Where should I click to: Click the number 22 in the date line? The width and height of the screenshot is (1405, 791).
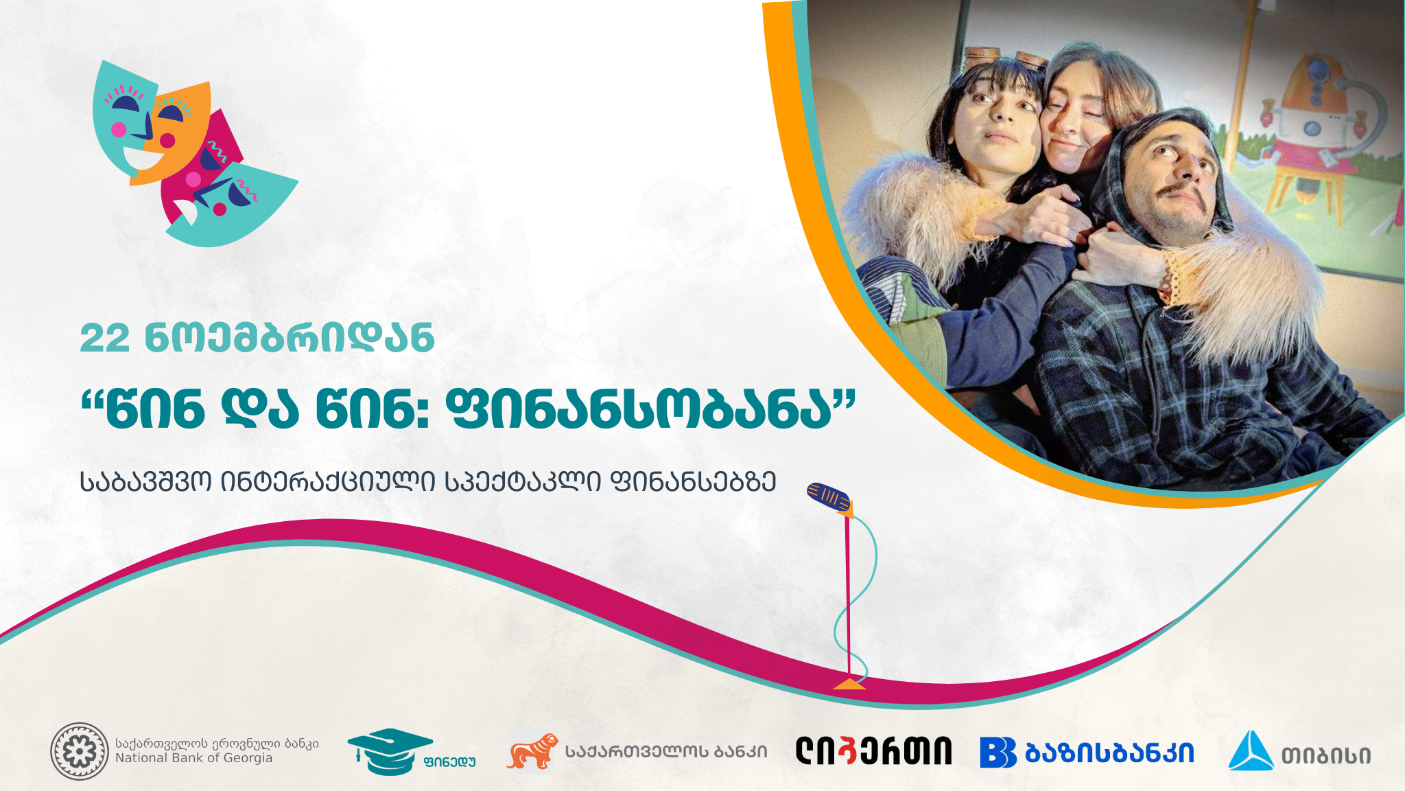[x=104, y=339]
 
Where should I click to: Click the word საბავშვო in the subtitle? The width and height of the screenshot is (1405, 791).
[x=145, y=482]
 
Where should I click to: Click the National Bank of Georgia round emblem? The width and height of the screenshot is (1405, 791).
[x=80, y=751]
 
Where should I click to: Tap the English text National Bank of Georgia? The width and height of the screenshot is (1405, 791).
[x=193, y=758]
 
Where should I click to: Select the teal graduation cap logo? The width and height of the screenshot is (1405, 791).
[x=390, y=750]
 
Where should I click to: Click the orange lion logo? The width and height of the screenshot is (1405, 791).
[x=532, y=751]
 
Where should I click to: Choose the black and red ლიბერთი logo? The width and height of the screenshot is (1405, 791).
[x=873, y=751]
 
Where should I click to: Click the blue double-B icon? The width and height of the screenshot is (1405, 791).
[x=997, y=753]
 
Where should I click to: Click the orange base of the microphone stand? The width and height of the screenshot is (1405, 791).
[x=849, y=684]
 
